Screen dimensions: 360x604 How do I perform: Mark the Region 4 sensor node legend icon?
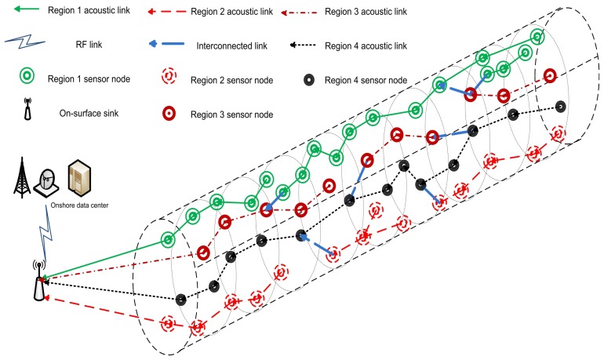pos(311,78)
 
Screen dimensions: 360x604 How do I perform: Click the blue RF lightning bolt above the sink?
pos(44,236)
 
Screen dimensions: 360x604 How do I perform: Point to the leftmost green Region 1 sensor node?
pos(167,239)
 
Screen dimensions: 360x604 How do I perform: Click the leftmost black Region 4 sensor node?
pos(181,299)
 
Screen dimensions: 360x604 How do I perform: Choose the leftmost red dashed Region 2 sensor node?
pos(167,322)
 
